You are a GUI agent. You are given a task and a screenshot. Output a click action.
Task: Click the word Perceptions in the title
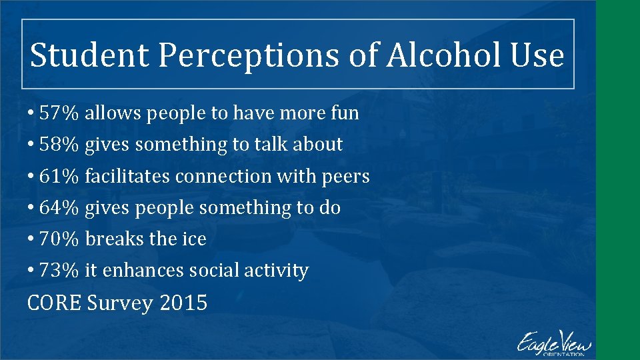point(255,55)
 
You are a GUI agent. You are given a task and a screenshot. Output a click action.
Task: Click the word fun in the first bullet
point(345,113)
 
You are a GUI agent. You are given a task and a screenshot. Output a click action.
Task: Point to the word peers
point(346,177)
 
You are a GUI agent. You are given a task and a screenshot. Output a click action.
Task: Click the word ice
point(194,239)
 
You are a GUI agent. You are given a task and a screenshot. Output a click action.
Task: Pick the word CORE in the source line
point(54,303)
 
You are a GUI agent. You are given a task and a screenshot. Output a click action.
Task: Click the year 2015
point(183,303)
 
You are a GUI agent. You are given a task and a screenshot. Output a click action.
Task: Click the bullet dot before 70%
point(31,239)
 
